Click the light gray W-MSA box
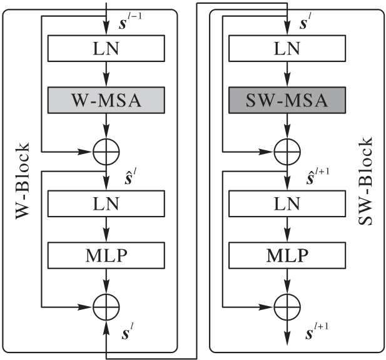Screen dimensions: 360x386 105,100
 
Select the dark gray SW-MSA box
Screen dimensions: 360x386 287,100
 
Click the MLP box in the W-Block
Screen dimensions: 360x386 105,256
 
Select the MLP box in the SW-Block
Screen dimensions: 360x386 287,256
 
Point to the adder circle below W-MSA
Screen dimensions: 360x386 105,151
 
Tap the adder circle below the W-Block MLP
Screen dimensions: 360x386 105,307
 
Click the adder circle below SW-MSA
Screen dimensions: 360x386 287,151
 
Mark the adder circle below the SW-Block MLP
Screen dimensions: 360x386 287,307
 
